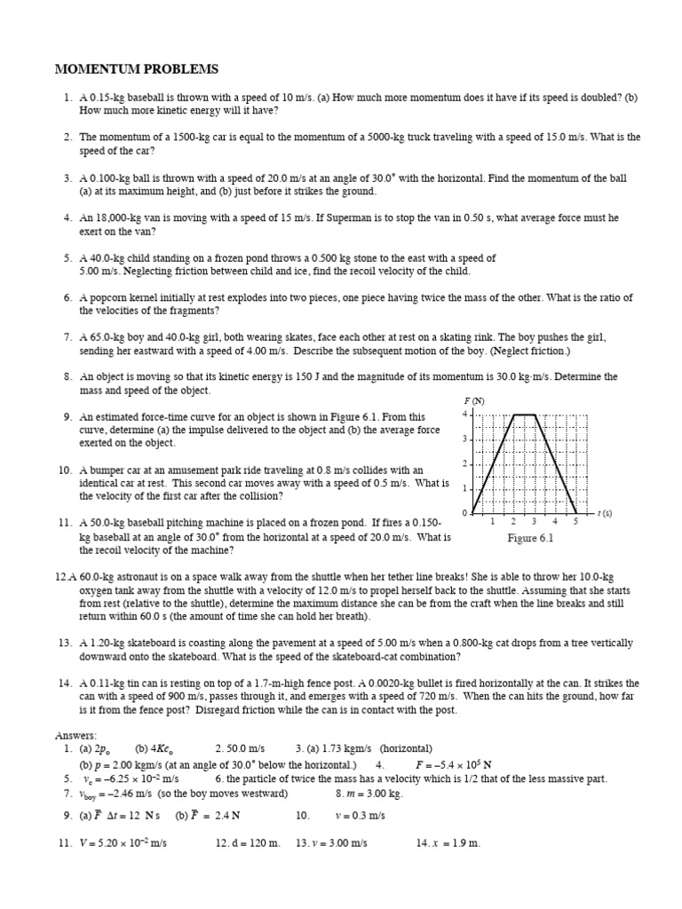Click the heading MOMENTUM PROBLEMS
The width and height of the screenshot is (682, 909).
tap(136, 69)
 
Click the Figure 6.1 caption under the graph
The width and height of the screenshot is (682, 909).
tap(530, 538)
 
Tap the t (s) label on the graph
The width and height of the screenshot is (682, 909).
tap(604, 513)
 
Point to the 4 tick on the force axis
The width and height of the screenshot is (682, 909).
tap(464, 415)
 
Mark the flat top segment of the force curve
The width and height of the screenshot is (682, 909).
tap(524, 415)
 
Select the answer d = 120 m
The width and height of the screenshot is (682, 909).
tap(248, 842)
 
